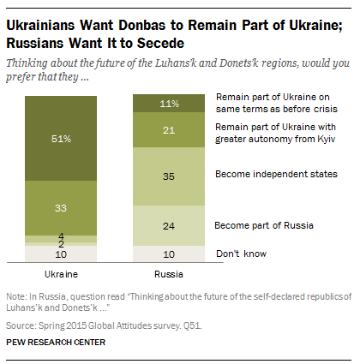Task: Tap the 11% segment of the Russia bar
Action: (x=169, y=103)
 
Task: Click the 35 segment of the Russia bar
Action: (x=169, y=176)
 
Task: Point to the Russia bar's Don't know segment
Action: (x=169, y=254)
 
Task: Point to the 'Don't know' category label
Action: (x=241, y=254)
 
